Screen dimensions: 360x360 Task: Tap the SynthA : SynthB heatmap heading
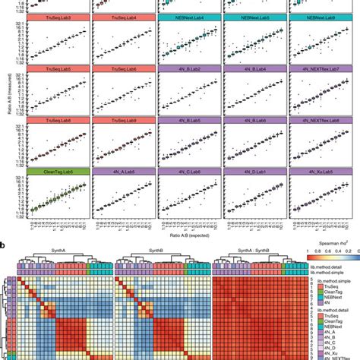pyautogui.click(x=260, y=254)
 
